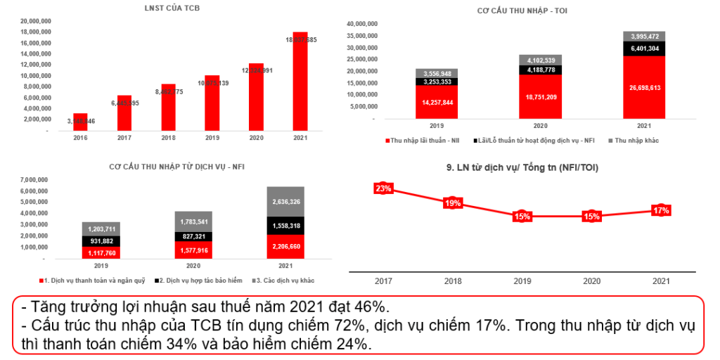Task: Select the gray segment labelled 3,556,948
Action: pos(437,73)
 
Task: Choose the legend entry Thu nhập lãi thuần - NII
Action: pos(430,141)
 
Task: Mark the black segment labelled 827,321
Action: pos(193,237)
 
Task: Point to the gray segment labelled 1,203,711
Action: pos(101,229)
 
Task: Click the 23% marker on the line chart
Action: pos(383,188)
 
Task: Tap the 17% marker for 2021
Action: pos(661,210)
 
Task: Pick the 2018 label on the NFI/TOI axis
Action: pos(453,281)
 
